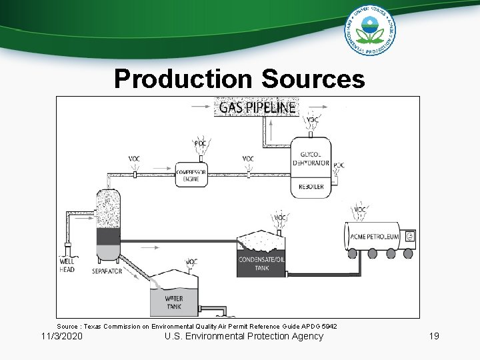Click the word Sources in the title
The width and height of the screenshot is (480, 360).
(x=313, y=79)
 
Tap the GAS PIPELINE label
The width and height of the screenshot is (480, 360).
(x=256, y=107)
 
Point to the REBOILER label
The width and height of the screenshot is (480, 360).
(x=311, y=187)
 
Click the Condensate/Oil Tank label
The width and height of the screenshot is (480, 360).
(x=261, y=263)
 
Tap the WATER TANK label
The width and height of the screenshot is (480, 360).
(x=173, y=303)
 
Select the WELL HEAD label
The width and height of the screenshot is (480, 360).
(x=67, y=265)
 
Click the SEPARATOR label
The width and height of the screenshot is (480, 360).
(x=107, y=271)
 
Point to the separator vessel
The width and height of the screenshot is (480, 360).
(x=108, y=223)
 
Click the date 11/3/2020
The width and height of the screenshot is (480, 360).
(x=62, y=336)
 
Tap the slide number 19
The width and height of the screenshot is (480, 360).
(x=434, y=336)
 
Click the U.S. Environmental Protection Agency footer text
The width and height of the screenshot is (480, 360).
(x=243, y=336)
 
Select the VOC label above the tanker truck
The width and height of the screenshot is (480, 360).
(x=360, y=209)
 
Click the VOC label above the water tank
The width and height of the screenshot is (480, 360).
(x=191, y=261)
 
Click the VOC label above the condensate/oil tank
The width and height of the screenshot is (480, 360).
(x=281, y=217)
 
